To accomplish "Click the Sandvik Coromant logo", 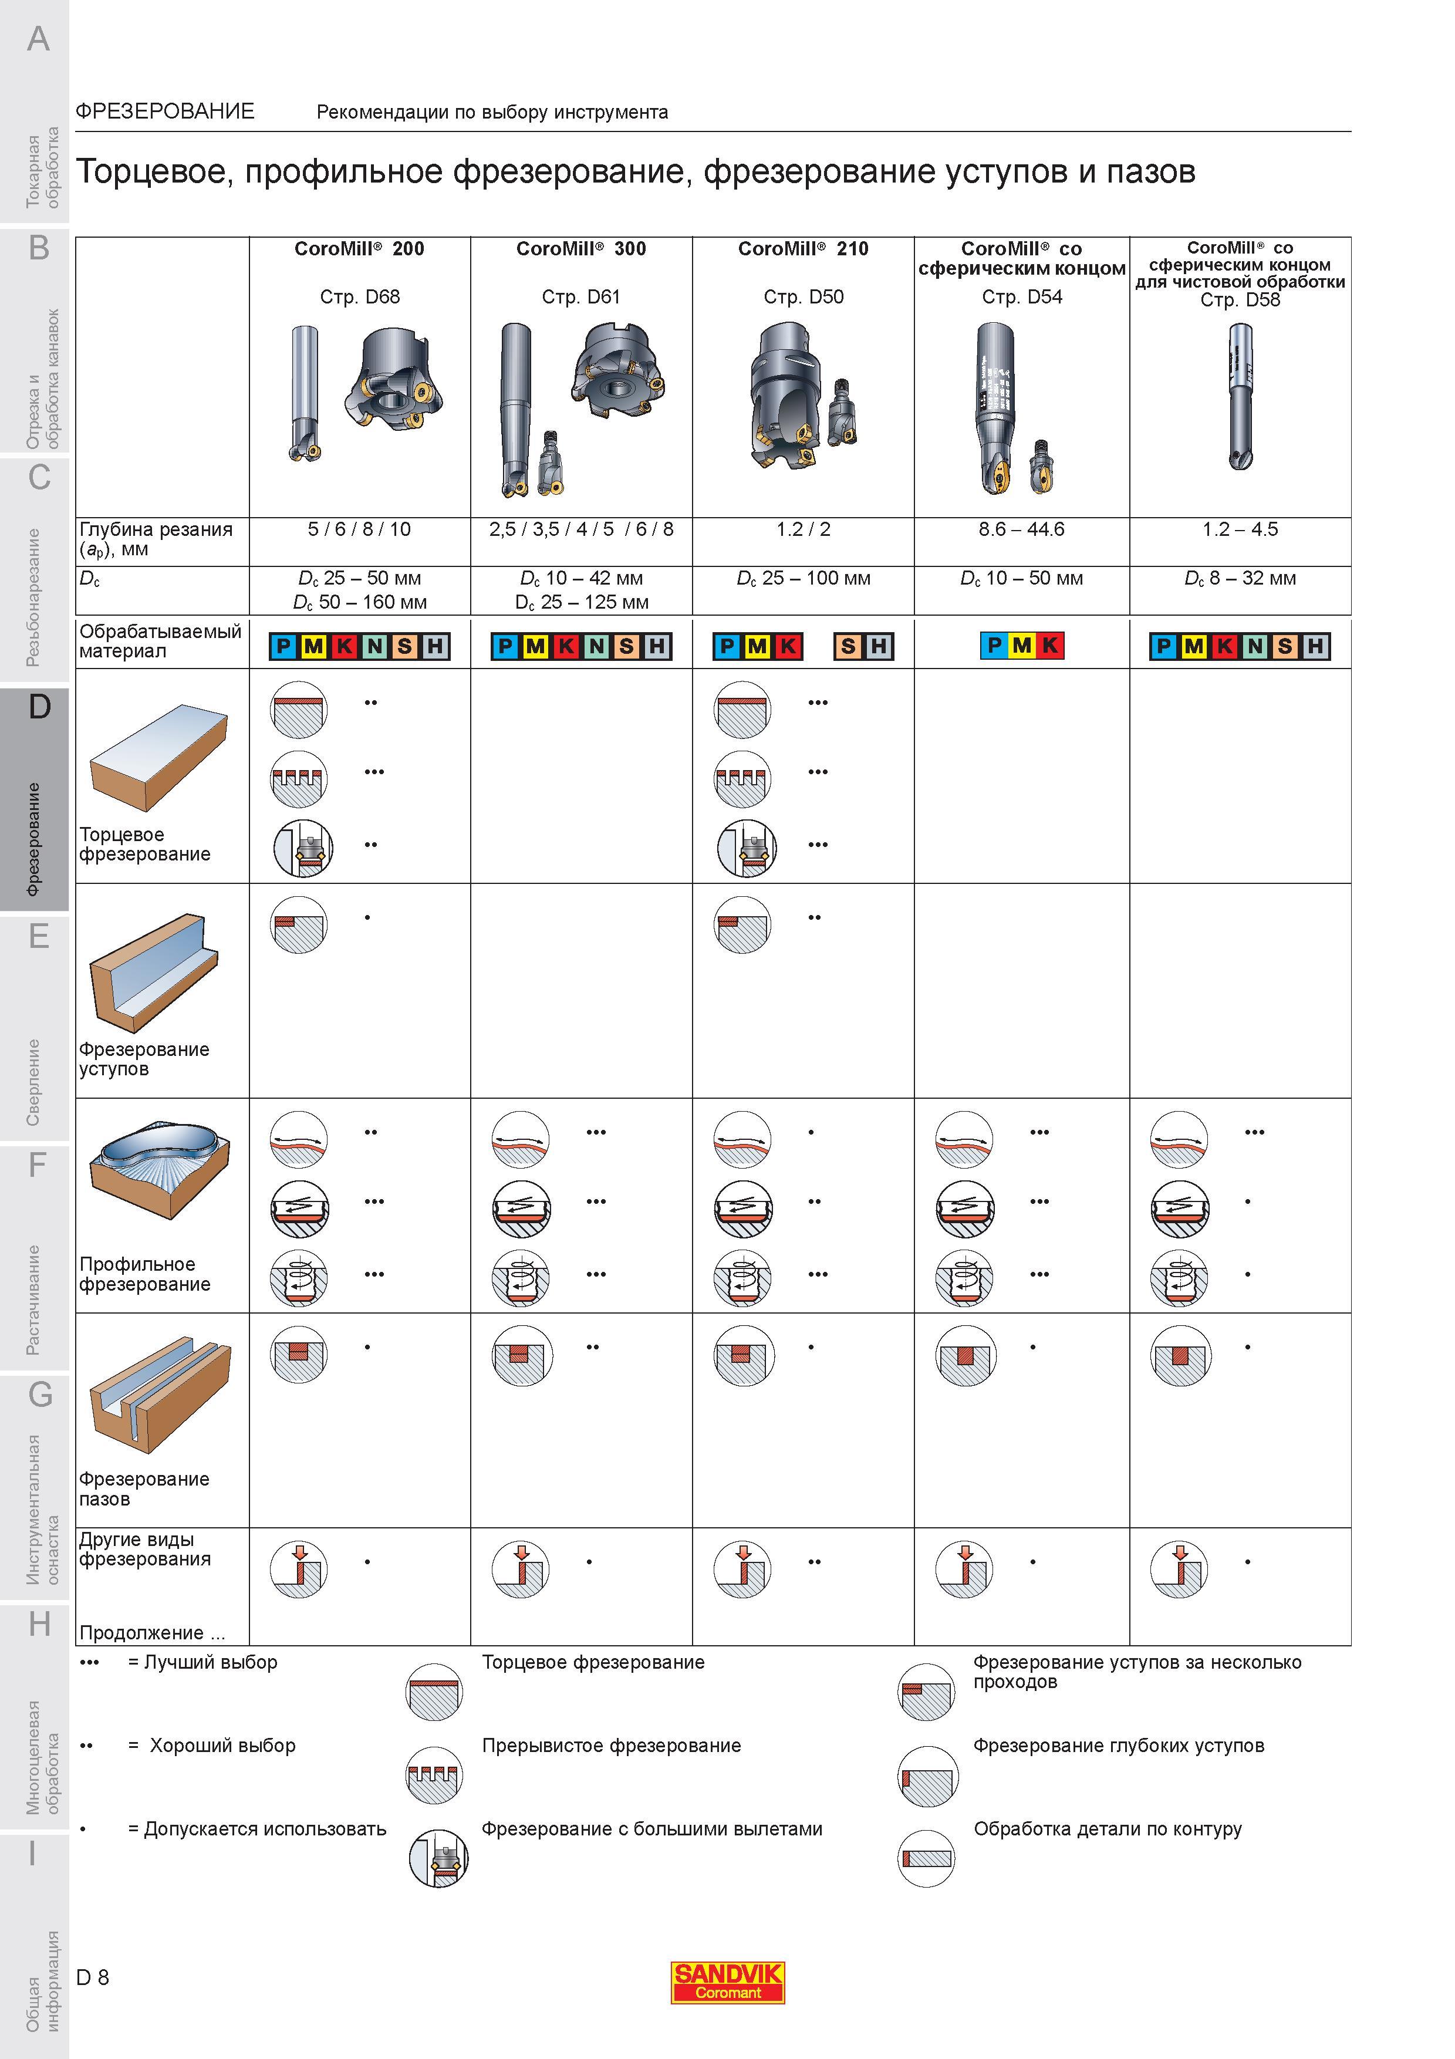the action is point(727,1982).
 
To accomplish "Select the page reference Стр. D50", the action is point(804,297).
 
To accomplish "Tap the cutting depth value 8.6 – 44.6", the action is point(1021,529).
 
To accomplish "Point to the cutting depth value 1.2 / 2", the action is point(804,529).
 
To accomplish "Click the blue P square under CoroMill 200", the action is point(284,646).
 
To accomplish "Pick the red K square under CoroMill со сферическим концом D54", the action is point(1050,645).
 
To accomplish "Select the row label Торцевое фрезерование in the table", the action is point(144,845).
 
